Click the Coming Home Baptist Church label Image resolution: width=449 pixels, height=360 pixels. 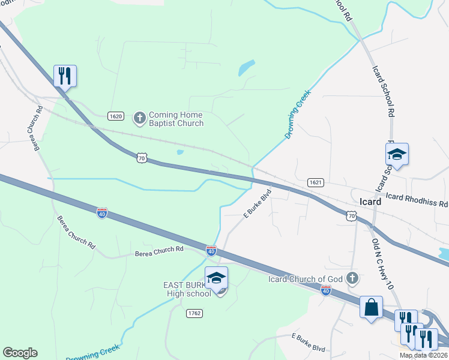click(x=176, y=119)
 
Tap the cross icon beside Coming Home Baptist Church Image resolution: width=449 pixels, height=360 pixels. click(x=139, y=118)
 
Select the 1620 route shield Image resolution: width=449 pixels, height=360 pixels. click(x=116, y=116)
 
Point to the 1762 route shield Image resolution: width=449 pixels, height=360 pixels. click(x=194, y=313)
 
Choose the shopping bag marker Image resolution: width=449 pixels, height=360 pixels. click(x=371, y=307)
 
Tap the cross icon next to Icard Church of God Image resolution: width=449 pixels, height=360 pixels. click(x=352, y=278)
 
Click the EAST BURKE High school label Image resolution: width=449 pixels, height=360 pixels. click(x=187, y=289)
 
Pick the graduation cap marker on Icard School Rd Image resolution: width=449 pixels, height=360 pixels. click(x=397, y=154)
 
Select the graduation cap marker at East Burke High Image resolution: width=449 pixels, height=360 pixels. click(x=216, y=277)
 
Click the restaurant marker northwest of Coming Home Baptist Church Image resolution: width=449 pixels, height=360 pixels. click(x=65, y=76)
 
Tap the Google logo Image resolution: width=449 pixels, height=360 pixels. click(x=20, y=353)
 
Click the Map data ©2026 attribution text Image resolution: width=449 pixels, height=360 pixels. click(x=424, y=355)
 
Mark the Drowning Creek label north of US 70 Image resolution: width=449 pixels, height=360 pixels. click(x=298, y=113)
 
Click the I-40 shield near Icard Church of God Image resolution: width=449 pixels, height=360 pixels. click(x=325, y=290)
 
